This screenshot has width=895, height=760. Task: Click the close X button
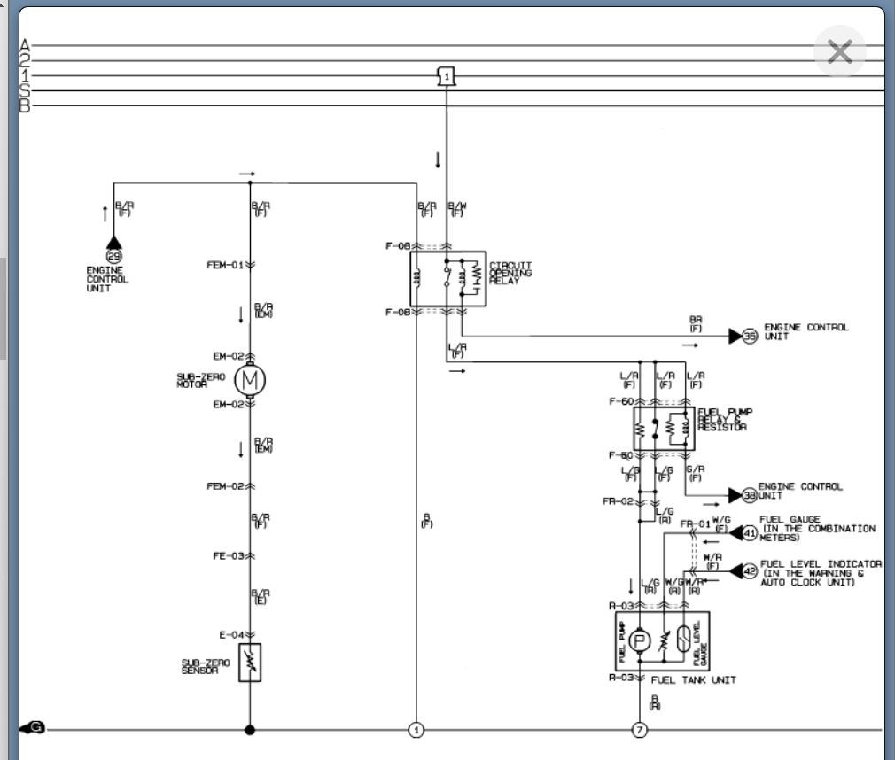coord(838,52)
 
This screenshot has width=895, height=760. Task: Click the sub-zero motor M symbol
coord(250,380)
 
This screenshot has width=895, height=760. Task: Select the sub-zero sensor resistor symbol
coord(250,663)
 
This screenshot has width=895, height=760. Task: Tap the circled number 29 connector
coord(113,256)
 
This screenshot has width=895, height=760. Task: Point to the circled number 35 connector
coord(750,336)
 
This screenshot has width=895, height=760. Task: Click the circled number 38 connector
coord(750,495)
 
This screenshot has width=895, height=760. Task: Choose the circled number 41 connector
coord(750,533)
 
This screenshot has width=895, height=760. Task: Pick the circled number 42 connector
coord(750,572)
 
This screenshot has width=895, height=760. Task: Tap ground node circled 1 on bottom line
coord(416,730)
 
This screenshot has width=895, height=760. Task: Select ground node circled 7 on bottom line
coord(639,730)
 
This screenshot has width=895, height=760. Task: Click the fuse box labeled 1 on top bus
coord(447,76)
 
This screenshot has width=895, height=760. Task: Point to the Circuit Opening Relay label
coord(511,273)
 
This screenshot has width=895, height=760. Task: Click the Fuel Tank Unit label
coord(693,680)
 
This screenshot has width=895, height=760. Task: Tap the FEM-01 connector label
coord(225,265)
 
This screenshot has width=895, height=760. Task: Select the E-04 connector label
coord(230,634)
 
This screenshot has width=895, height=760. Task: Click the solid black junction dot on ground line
coord(250,730)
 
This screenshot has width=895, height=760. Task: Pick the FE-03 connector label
coord(228,555)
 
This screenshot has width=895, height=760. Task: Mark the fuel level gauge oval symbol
coord(683,640)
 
